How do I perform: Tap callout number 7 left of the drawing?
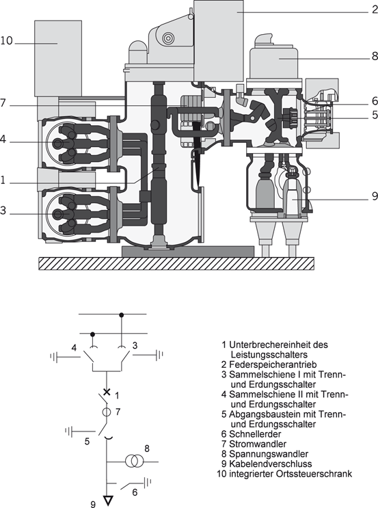point(4,103)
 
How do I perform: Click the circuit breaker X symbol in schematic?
point(106,392)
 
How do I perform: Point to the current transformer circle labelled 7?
point(106,412)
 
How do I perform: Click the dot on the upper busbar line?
point(122,315)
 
